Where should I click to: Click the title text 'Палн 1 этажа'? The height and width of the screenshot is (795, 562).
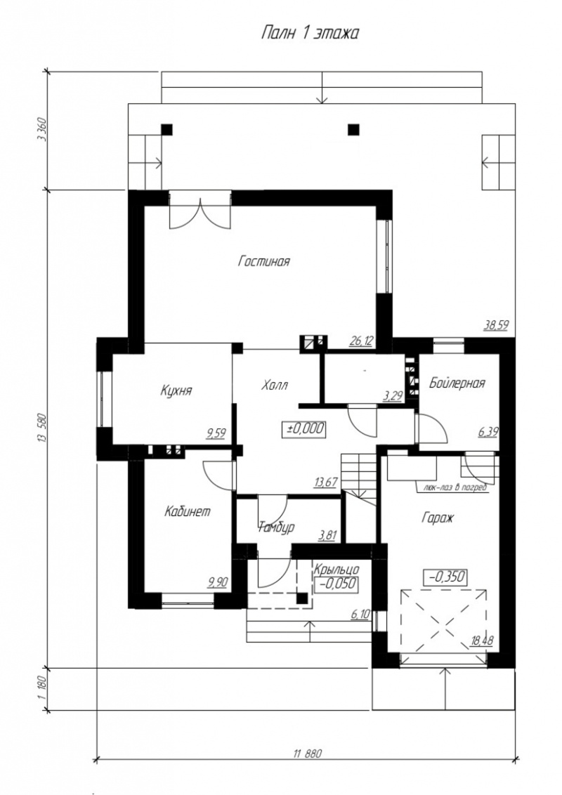tap(310, 34)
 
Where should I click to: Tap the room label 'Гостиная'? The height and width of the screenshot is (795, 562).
tap(263, 261)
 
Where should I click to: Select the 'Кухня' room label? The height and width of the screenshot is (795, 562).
tap(176, 390)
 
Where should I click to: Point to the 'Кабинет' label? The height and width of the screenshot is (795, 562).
tap(187, 511)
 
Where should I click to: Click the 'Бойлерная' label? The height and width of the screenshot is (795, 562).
tap(457, 383)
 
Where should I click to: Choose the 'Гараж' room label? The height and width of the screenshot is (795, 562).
tap(437, 518)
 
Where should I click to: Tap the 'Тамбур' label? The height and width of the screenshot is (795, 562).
tap(277, 528)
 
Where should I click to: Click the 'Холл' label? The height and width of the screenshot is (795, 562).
tap(275, 385)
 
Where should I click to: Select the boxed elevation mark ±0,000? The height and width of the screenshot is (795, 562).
tap(303, 428)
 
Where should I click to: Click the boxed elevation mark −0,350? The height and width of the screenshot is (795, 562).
tap(445, 577)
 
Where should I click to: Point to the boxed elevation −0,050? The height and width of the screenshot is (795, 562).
tap(336, 584)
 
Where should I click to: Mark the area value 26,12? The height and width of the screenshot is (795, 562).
tap(360, 341)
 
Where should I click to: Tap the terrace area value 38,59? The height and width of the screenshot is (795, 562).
tap(496, 325)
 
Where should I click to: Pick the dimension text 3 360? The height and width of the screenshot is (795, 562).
tap(42, 131)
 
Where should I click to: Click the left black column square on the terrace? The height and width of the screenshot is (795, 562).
tap(167, 130)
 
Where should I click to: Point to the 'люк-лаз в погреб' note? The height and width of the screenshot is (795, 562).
tap(452, 488)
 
